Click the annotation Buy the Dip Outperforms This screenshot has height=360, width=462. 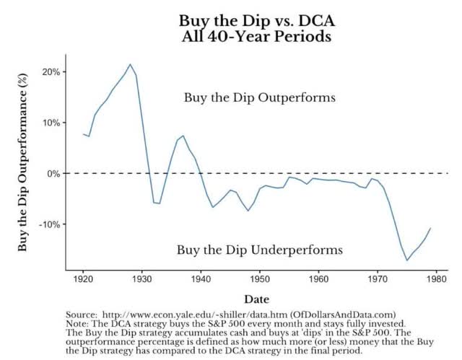(250, 97)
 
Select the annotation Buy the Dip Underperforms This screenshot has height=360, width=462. (260, 250)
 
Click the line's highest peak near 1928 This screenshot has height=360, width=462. (130, 64)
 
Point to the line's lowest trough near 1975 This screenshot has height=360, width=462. (407, 260)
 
